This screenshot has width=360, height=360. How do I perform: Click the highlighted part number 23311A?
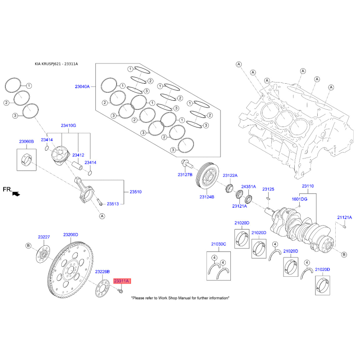[x=122, y=281]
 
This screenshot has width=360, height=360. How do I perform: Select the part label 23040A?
[x=82, y=86]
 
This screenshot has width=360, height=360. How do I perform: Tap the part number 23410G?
[x=68, y=126]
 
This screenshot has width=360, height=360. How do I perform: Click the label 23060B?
[x=27, y=141]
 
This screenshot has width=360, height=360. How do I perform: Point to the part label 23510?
[x=136, y=192]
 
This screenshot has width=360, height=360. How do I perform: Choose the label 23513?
[x=113, y=204]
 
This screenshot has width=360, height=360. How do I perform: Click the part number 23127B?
[x=185, y=175]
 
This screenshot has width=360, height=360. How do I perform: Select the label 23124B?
[x=207, y=197]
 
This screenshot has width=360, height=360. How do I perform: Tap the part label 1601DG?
[x=299, y=199]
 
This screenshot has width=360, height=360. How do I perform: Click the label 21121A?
[x=344, y=217]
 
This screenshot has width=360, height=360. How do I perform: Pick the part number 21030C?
[x=219, y=244]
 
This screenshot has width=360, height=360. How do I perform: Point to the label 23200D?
[x=71, y=234]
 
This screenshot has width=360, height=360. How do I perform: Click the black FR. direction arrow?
[x=16, y=194]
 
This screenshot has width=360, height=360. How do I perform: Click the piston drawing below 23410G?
[x=60, y=155]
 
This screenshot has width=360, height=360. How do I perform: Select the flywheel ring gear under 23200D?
[x=71, y=270]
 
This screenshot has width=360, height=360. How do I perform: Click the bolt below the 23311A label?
[x=120, y=291]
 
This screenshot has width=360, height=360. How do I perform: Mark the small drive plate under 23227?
[x=43, y=254]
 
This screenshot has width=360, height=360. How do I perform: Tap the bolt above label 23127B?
[x=187, y=164]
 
